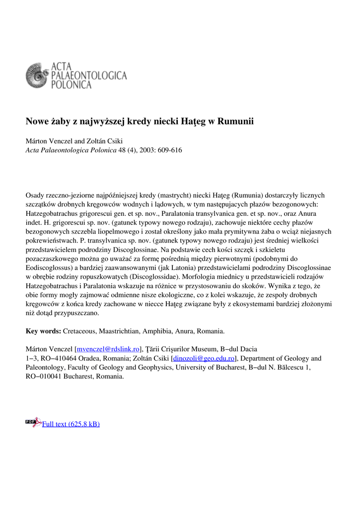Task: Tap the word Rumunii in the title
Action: point(236,122)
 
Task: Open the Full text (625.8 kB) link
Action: point(71,424)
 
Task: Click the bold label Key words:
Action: point(43,331)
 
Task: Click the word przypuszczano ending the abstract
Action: point(76,313)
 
